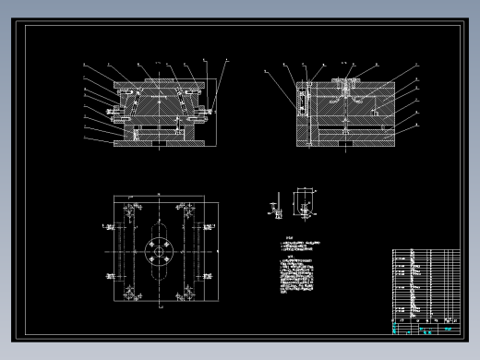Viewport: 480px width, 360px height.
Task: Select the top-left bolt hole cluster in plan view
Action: pos(128,209)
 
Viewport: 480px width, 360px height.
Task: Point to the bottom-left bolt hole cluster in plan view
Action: pos(128,294)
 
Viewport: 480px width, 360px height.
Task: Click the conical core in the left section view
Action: pos(160,109)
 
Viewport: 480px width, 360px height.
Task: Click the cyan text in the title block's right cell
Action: pos(448,329)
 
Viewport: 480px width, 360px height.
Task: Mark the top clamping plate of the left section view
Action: pos(160,82)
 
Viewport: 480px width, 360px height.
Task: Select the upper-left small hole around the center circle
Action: pos(152,244)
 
